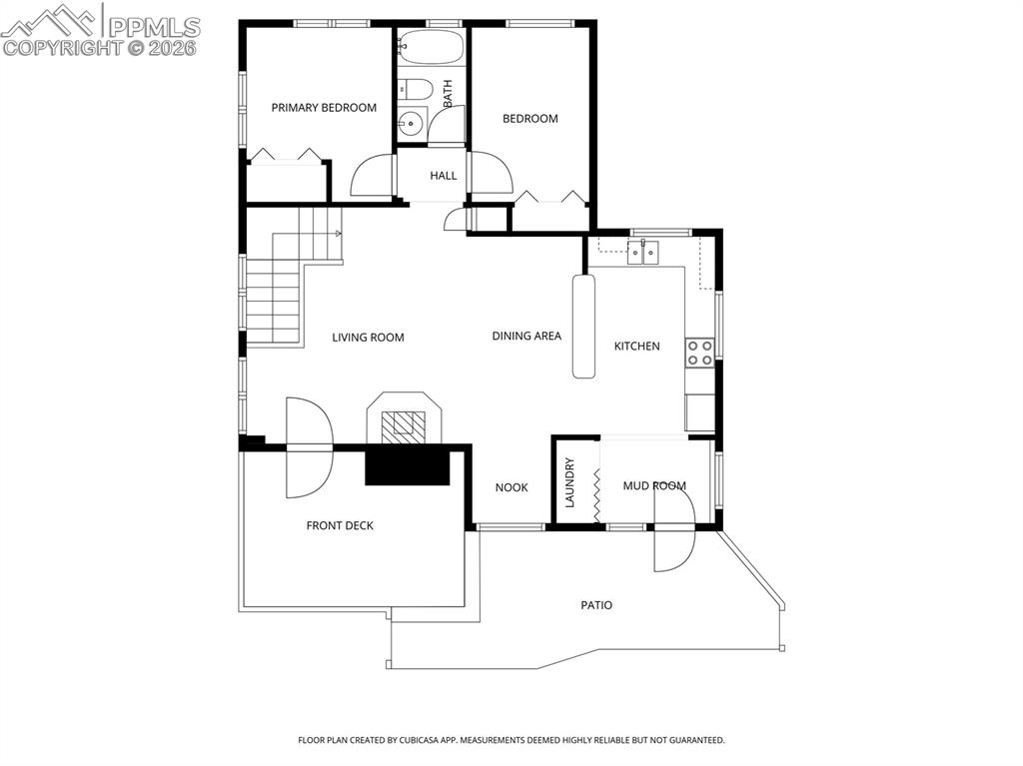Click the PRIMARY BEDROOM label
point(324,108)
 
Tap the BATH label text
point(448,93)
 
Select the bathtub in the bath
point(431,48)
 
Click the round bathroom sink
point(411,122)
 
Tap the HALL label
point(443,176)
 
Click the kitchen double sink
point(643,252)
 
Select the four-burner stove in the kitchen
point(699,353)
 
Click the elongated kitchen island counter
point(583,327)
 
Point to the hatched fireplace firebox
point(404,422)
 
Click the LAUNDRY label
point(568,482)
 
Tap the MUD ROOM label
point(654,485)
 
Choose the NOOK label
point(511,487)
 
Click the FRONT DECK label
point(340,525)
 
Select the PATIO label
point(596,605)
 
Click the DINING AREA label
point(526,336)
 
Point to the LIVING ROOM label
point(368,338)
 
